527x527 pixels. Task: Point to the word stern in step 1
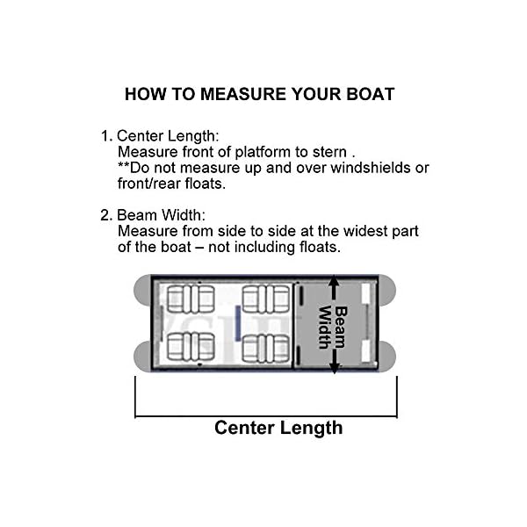333,152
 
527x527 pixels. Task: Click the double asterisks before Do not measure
124,167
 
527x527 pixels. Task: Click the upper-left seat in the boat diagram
191,299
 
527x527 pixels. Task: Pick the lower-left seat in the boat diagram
191,348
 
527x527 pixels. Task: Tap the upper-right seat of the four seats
266,299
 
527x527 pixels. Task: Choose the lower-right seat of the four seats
266,348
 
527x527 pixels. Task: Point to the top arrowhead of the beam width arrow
334,282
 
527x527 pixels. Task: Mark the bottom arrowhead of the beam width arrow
334,370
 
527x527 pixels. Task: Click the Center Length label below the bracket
278,428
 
